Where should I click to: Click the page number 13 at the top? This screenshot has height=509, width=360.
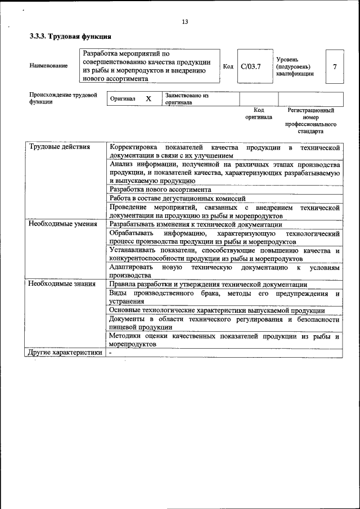(x=184, y=22)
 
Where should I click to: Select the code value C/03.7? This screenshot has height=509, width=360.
(x=250, y=66)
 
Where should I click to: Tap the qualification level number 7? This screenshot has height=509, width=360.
(x=335, y=66)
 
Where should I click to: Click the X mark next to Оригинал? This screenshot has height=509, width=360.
(x=148, y=99)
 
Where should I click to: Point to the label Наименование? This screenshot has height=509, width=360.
(x=48, y=66)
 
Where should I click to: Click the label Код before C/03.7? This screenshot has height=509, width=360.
(x=228, y=66)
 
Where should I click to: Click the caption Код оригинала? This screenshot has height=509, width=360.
(x=259, y=114)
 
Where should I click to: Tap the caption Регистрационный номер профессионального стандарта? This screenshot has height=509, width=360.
(x=310, y=121)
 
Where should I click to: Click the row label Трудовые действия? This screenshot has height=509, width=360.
(x=59, y=147)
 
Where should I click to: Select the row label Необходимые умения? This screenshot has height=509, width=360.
(x=62, y=224)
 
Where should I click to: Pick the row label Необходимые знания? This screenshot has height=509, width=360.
(x=61, y=284)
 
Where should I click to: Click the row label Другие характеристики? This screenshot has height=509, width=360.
(x=65, y=353)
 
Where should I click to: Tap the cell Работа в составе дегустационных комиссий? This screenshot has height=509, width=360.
(x=178, y=199)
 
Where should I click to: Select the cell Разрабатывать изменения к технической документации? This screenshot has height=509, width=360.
(x=196, y=224)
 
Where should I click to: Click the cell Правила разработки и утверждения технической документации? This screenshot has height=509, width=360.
(x=208, y=284)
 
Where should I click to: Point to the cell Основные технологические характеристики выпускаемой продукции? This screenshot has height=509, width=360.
(x=217, y=310)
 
